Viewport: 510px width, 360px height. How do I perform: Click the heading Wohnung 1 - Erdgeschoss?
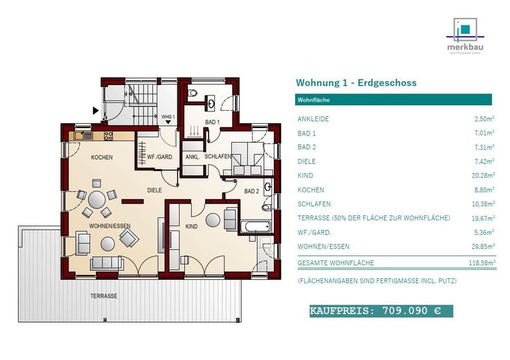point(356,82)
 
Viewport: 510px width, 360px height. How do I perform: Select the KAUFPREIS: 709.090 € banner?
point(380,311)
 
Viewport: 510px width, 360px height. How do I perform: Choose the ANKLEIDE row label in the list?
point(313,119)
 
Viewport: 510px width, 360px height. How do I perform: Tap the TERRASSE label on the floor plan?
point(103,296)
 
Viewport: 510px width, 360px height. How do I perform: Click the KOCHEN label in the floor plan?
point(102,158)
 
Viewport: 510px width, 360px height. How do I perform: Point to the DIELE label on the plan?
point(154,189)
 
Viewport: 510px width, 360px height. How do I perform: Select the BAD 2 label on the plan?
point(252,190)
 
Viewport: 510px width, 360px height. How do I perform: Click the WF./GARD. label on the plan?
point(160,157)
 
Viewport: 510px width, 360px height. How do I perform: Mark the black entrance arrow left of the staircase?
point(95,109)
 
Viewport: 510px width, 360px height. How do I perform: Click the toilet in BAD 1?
point(193,93)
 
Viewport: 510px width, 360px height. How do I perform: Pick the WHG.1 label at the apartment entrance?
point(168,116)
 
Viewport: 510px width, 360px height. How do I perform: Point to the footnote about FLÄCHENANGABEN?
point(377,280)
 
